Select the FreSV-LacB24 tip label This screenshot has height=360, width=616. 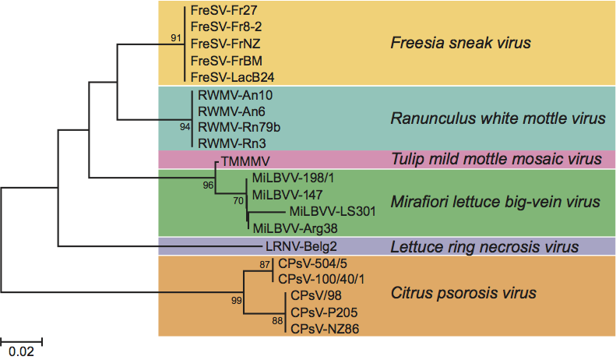(232, 76)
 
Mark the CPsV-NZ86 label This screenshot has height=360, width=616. (324, 329)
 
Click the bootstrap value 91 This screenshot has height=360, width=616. (175, 37)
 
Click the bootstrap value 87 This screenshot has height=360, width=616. (264, 266)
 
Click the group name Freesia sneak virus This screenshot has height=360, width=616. (460, 43)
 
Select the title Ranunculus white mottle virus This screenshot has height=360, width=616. (498, 119)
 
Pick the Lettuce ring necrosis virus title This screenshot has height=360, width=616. (485, 247)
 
